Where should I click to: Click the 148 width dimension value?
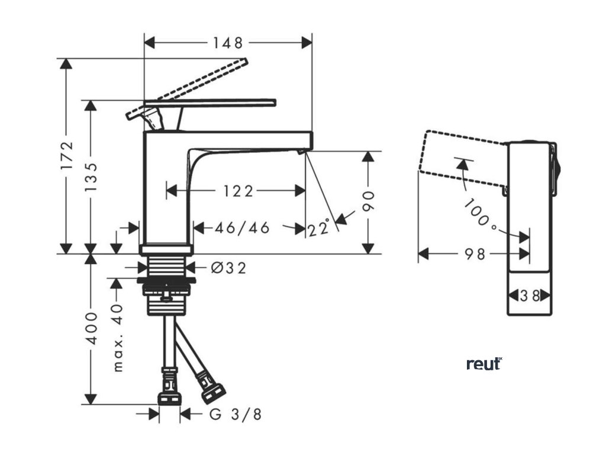[228, 43]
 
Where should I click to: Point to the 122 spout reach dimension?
[238, 191]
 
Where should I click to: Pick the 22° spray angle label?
[318, 227]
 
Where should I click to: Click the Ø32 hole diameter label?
[228, 268]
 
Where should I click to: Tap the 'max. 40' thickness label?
[118, 338]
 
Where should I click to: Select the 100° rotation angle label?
[480, 214]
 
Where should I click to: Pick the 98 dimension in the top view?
[474, 254]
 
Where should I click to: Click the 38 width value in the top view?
[530, 295]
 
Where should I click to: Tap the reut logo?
[483, 364]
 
